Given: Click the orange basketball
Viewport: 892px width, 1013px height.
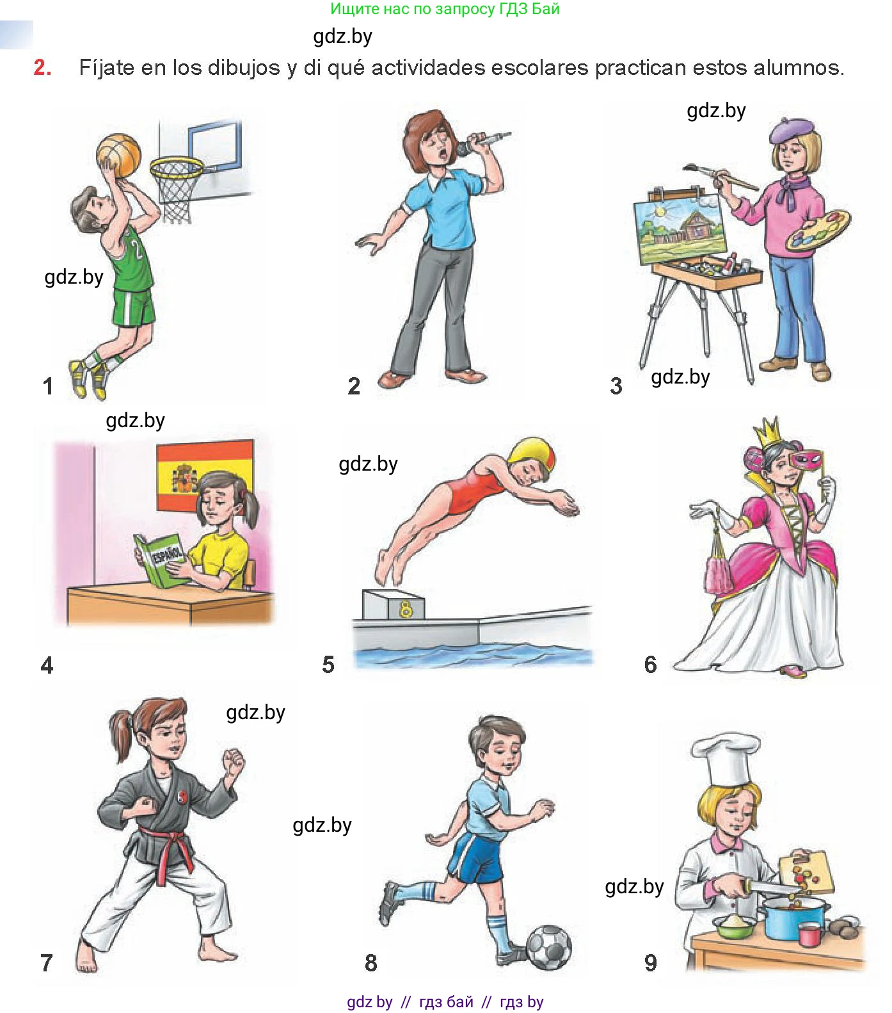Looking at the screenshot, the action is tap(118, 154).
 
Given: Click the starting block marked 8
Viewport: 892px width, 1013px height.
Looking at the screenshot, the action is tap(393, 604).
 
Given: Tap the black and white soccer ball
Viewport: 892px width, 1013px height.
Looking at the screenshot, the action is tap(548, 946).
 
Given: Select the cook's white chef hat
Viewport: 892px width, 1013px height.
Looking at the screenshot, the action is tap(725, 759).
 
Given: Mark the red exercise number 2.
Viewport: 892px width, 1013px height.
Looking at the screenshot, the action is tap(42, 67).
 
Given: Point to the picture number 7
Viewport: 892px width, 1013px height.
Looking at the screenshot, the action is tap(47, 962).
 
